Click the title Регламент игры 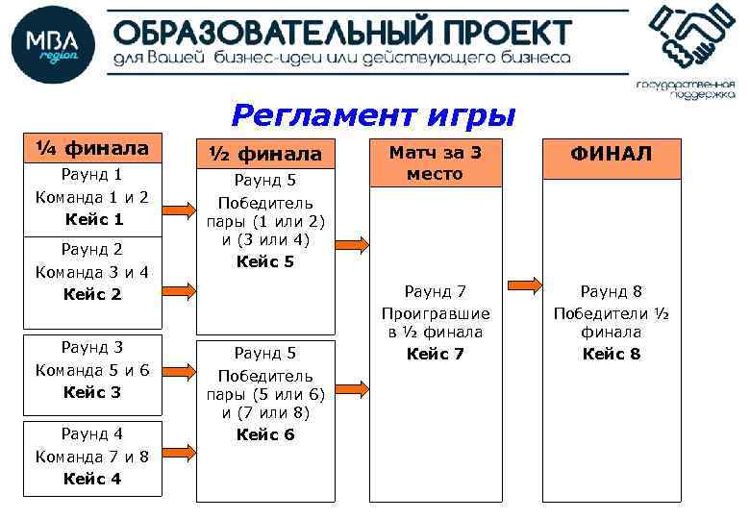point(373,115)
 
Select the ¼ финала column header point(92,148)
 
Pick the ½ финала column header point(267,154)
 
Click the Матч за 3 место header point(436,162)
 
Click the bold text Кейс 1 point(93,219)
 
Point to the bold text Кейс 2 point(93,294)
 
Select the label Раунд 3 point(93,348)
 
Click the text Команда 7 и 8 point(92,457)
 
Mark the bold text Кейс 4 point(93,479)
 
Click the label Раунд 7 point(436,291)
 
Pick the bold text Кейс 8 point(612,354)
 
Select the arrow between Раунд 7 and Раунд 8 point(523,285)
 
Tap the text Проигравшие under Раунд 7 point(436,313)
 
